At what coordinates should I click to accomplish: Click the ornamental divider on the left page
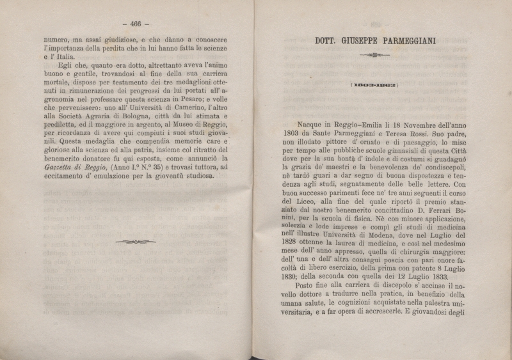(x=135, y=242)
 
